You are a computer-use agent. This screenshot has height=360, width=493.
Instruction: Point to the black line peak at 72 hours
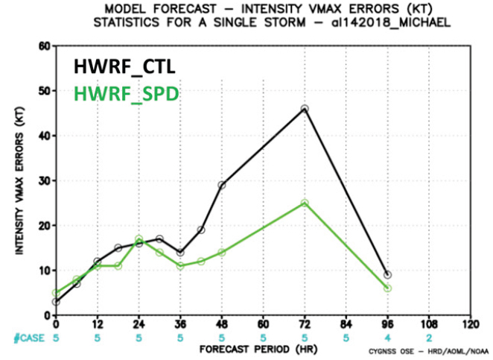tap(305, 109)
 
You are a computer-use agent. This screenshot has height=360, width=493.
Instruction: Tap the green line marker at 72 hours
tap(305, 203)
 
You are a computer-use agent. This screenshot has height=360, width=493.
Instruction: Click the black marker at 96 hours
tap(387, 274)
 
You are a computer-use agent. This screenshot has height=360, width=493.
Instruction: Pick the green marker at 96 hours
tap(387, 288)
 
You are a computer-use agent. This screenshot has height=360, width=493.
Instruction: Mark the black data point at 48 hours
tap(222, 185)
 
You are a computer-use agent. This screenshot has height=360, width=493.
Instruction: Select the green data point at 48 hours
tap(222, 252)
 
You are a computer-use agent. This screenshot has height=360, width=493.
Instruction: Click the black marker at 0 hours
tap(56, 301)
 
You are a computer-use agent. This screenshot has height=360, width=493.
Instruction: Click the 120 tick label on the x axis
tap(469, 325)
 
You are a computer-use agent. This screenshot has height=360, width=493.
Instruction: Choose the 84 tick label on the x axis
tap(346, 325)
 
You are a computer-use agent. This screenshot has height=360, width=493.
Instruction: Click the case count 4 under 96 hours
tap(387, 337)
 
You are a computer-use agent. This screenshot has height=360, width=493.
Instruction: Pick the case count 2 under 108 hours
tap(428, 337)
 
